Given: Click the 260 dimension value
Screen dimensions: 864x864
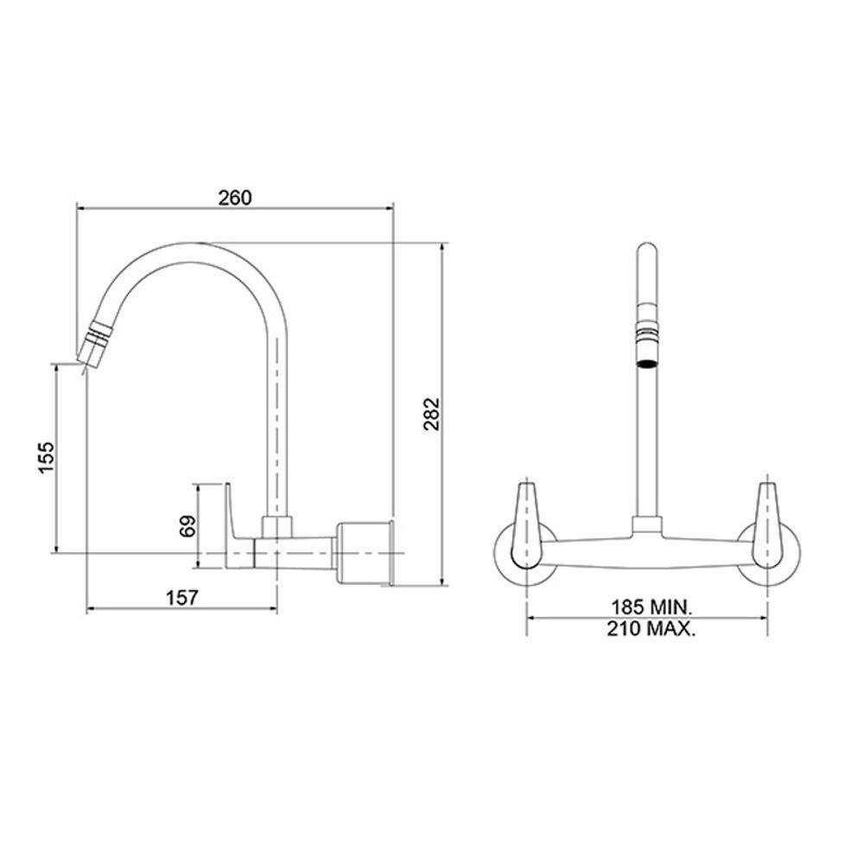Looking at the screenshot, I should pos(234,197).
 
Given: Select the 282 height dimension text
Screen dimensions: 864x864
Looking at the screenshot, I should pos(433,414).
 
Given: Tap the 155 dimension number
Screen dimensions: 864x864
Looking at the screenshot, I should pos(48,457).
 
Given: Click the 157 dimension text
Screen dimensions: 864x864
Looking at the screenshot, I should pos(182,597).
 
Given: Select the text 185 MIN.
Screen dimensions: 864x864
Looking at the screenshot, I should pos(648,607).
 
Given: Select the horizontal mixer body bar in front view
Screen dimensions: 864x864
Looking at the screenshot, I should pos(648,554).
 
